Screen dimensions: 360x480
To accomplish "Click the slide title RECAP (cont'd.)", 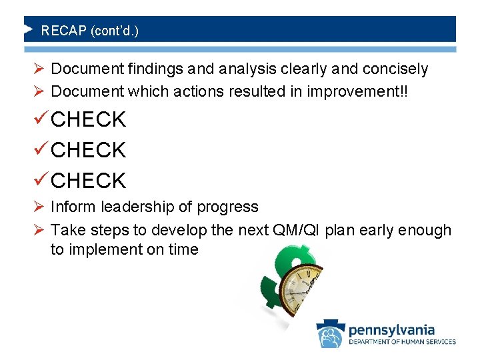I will click(90, 31).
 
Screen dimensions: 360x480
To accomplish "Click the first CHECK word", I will click(88, 120).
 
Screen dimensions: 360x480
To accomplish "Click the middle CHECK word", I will click(88, 151).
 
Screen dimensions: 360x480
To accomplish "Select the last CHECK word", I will click(88, 181).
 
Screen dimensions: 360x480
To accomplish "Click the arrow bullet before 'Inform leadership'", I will click(39, 207).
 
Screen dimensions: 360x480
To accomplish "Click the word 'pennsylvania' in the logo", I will click(391, 329).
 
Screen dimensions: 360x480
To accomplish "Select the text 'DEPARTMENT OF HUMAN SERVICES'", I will click(402, 342).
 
